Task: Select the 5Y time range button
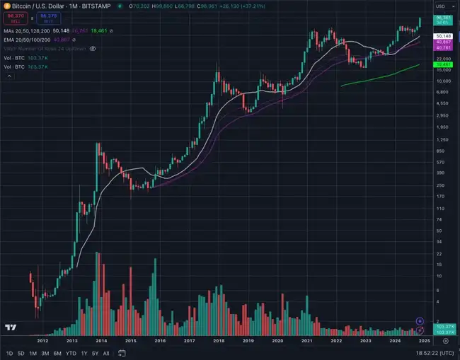(94, 353)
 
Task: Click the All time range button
(106, 353)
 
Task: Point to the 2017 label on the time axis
(189, 340)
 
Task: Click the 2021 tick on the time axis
(307, 340)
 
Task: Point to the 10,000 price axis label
(443, 80)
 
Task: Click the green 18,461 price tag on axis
(444, 63)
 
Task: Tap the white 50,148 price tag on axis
(444, 35)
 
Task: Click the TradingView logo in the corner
(10, 327)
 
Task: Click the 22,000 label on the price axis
(443, 58)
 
